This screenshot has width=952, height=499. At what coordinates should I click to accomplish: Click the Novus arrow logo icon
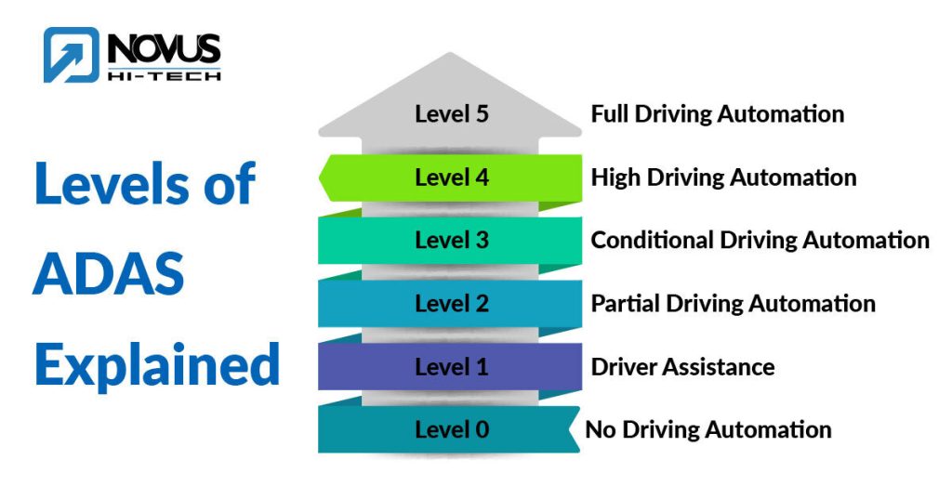tap(71, 55)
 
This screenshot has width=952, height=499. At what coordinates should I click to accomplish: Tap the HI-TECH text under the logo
tap(163, 74)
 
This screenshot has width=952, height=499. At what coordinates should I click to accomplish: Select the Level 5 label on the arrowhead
tap(451, 114)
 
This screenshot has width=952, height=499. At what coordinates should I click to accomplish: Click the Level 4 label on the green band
tap(451, 177)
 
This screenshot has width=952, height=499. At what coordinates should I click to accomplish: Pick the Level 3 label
tap(451, 240)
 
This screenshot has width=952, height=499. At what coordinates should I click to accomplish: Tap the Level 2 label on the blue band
tap(451, 303)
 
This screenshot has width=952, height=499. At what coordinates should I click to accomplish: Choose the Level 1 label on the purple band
tap(451, 366)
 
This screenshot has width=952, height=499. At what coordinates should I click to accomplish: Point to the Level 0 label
tap(451, 429)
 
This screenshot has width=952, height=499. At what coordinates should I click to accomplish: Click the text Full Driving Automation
tap(717, 114)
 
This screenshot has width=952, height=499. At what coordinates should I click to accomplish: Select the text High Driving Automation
tap(723, 177)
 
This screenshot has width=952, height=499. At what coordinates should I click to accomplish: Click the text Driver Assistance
tap(682, 366)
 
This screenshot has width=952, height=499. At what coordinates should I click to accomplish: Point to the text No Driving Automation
tap(708, 429)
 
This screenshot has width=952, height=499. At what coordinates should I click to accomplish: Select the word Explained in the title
tap(156, 364)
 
